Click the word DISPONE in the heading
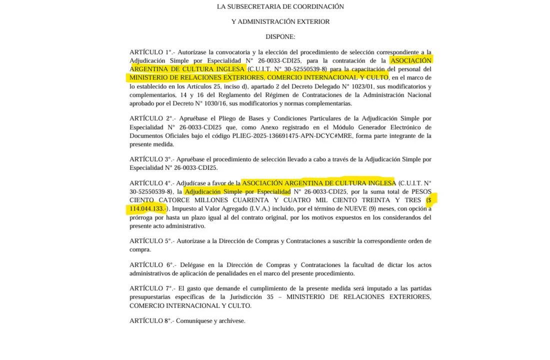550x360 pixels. click(279, 37)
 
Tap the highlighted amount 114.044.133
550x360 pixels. click(146, 209)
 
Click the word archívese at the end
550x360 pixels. click(230, 321)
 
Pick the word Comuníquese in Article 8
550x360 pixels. click(193, 321)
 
